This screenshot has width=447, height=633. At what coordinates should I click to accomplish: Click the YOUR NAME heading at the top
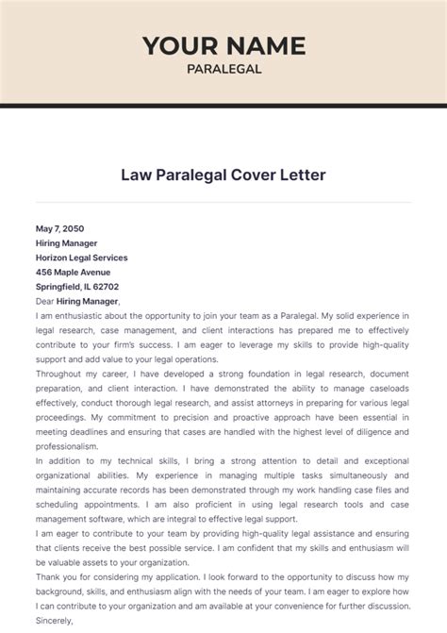[x=223, y=44]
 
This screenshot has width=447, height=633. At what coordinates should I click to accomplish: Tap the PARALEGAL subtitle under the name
[x=223, y=68]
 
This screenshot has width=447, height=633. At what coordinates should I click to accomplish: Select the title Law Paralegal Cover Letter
[x=223, y=175]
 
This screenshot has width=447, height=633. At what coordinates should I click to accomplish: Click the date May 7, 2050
[x=60, y=228]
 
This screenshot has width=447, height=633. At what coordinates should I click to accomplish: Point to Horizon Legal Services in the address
[x=81, y=258]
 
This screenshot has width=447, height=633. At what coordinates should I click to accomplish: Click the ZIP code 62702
[x=106, y=287]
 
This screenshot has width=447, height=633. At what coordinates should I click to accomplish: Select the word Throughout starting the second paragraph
[x=59, y=374]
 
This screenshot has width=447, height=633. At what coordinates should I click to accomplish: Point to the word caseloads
[x=385, y=389]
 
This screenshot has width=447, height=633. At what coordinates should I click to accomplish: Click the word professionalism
[x=66, y=446]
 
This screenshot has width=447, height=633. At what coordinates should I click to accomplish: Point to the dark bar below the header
[x=223, y=105]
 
